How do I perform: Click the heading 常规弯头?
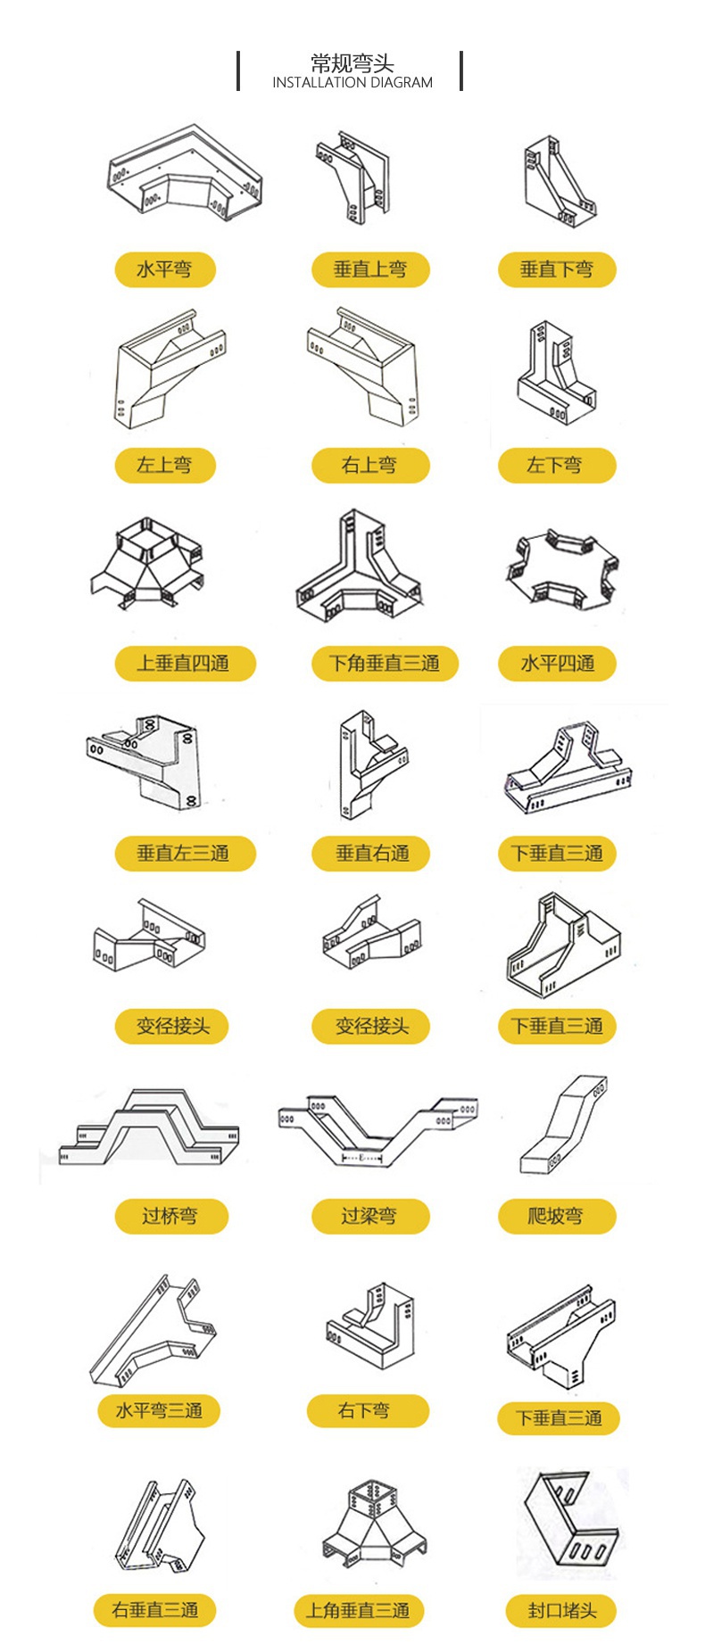352,63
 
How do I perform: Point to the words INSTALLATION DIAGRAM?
352,82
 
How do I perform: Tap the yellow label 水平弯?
165,269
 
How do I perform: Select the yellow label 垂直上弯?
370,269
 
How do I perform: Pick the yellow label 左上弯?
165,465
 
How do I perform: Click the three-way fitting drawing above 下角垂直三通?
359,567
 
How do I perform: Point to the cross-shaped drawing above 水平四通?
560,569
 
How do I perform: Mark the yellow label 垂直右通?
370,854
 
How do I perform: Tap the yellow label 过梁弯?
370,1216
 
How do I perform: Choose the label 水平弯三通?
159,1410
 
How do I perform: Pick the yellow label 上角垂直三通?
358,1611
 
